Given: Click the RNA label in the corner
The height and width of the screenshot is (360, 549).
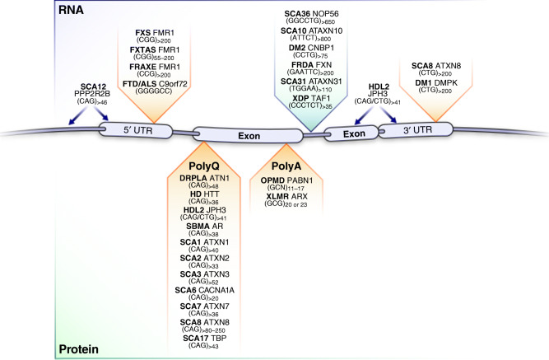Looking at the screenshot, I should point(22,11).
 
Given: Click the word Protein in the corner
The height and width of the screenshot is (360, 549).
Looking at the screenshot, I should point(31,350).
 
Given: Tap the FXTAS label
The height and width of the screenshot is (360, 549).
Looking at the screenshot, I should point(128,49).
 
